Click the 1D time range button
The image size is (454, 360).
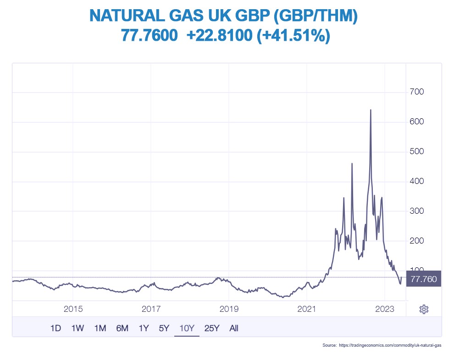point(55,328)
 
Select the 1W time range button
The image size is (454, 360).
point(78,328)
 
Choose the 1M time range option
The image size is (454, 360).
point(100,328)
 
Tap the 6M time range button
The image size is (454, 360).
point(122,328)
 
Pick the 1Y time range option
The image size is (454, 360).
point(144,328)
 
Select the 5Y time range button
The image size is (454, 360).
point(164,328)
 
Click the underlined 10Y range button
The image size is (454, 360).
point(187,328)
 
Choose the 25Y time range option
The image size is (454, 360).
point(212,328)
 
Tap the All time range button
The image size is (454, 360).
point(234,328)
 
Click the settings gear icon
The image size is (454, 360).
point(424,309)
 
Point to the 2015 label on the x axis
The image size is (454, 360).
point(73,309)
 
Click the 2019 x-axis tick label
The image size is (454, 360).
point(229,309)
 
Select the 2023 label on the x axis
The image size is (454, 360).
point(384,309)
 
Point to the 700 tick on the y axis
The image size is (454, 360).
point(417,92)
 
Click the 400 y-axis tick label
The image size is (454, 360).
point(417,181)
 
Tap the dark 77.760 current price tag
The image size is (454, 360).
point(424,279)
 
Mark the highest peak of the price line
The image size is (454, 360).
point(371,110)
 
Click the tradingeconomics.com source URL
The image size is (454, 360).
point(390,345)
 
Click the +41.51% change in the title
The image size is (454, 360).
point(293,35)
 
